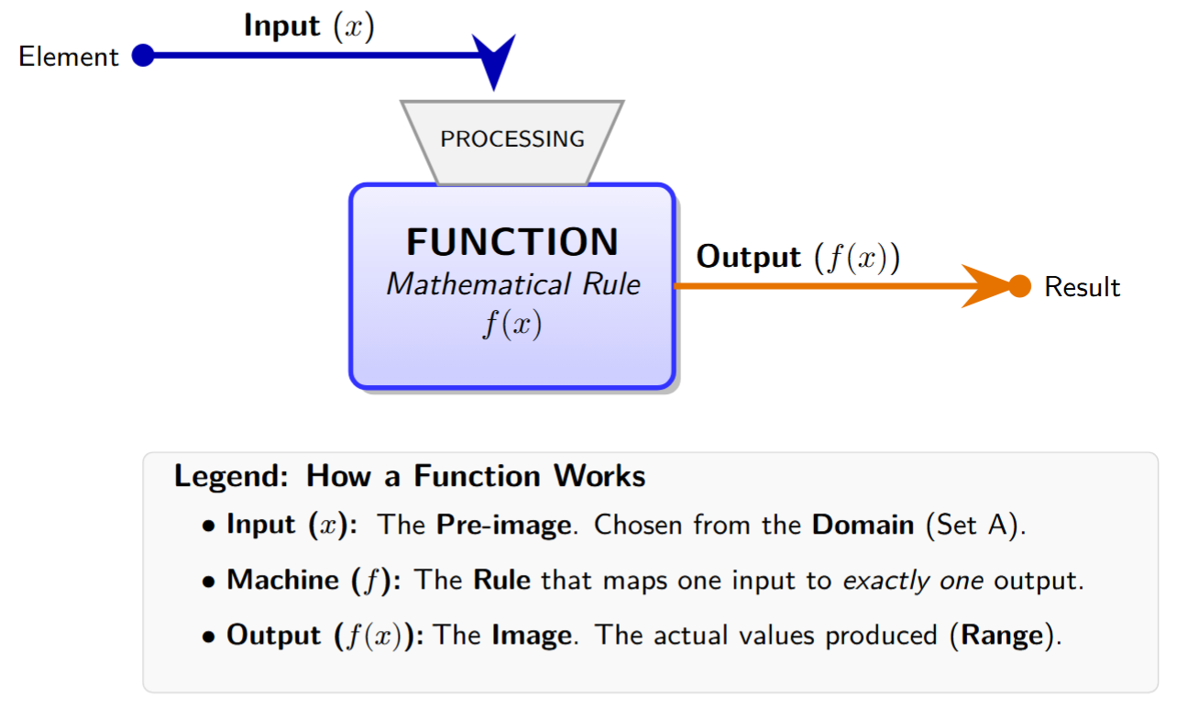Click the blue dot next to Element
click(142, 56)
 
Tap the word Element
click(69, 57)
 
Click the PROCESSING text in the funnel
click(512, 139)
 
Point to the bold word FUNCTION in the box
click(512, 242)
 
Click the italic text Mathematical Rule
click(513, 284)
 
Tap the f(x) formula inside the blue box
click(512, 326)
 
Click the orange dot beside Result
click(1020, 286)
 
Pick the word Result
click(1083, 287)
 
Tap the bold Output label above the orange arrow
click(748, 257)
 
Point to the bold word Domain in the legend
click(863, 525)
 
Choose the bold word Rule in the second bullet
click(501, 581)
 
